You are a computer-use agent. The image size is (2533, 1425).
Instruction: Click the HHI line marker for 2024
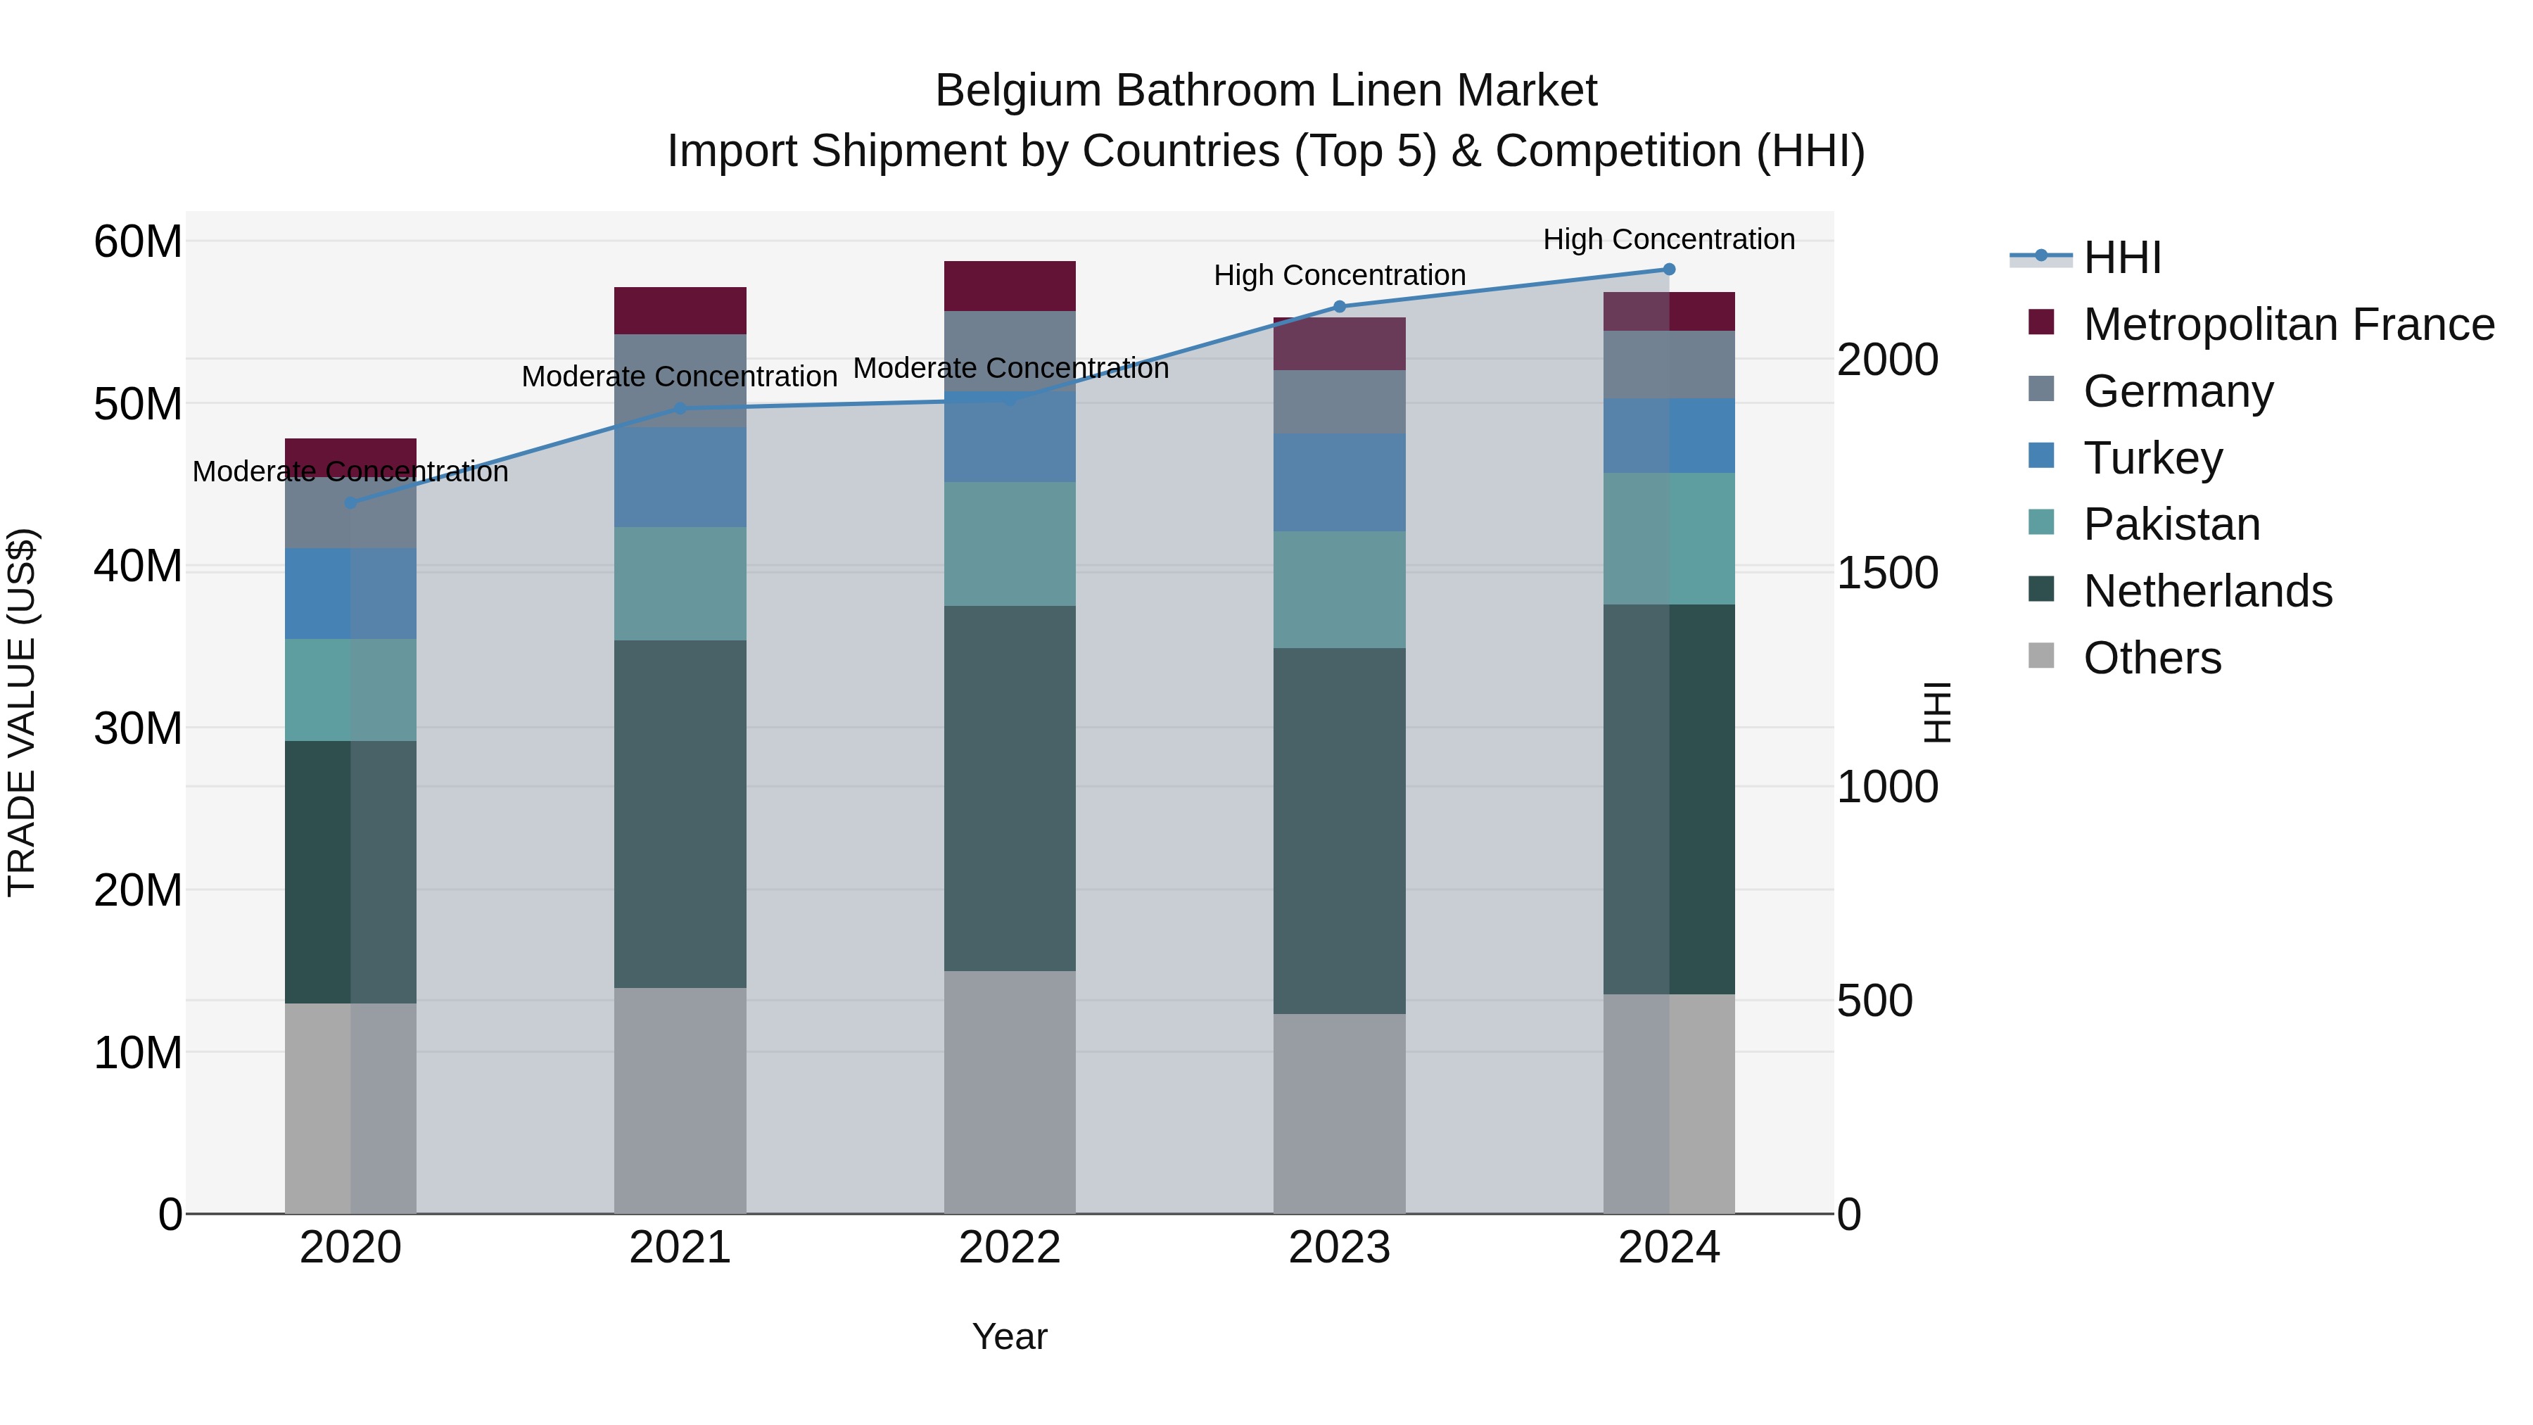click(1669, 270)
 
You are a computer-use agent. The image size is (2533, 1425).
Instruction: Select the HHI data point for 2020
click(350, 502)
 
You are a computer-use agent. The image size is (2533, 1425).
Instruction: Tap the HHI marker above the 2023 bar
click(1339, 307)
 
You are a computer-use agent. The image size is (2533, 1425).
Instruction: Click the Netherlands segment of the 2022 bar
click(1010, 787)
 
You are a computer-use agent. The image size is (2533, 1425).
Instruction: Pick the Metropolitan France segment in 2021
click(680, 311)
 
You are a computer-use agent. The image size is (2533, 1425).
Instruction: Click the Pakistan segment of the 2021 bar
click(680, 583)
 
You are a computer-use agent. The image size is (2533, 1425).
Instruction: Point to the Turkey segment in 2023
click(1339, 483)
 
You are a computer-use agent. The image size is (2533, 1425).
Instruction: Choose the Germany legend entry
click(2178, 391)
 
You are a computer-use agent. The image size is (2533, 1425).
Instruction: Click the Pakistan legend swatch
click(2041, 521)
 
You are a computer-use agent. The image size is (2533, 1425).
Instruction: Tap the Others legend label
click(2152, 658)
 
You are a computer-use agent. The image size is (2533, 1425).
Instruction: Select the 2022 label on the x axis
click(1010, 1248)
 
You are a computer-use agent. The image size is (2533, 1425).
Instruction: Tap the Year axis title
click(1010, 1336)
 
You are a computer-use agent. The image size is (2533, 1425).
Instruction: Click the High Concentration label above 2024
click(1669, 239)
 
